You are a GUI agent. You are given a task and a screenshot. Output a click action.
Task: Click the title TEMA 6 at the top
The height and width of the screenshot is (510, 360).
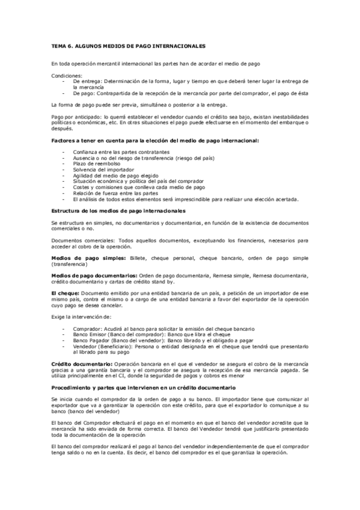click(x=128, y=46)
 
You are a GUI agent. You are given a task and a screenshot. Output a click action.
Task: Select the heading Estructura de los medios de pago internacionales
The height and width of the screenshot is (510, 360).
click(x=118, y=210)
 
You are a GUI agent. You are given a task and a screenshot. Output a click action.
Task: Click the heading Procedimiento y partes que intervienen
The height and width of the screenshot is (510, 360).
click(x=143, y=388)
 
